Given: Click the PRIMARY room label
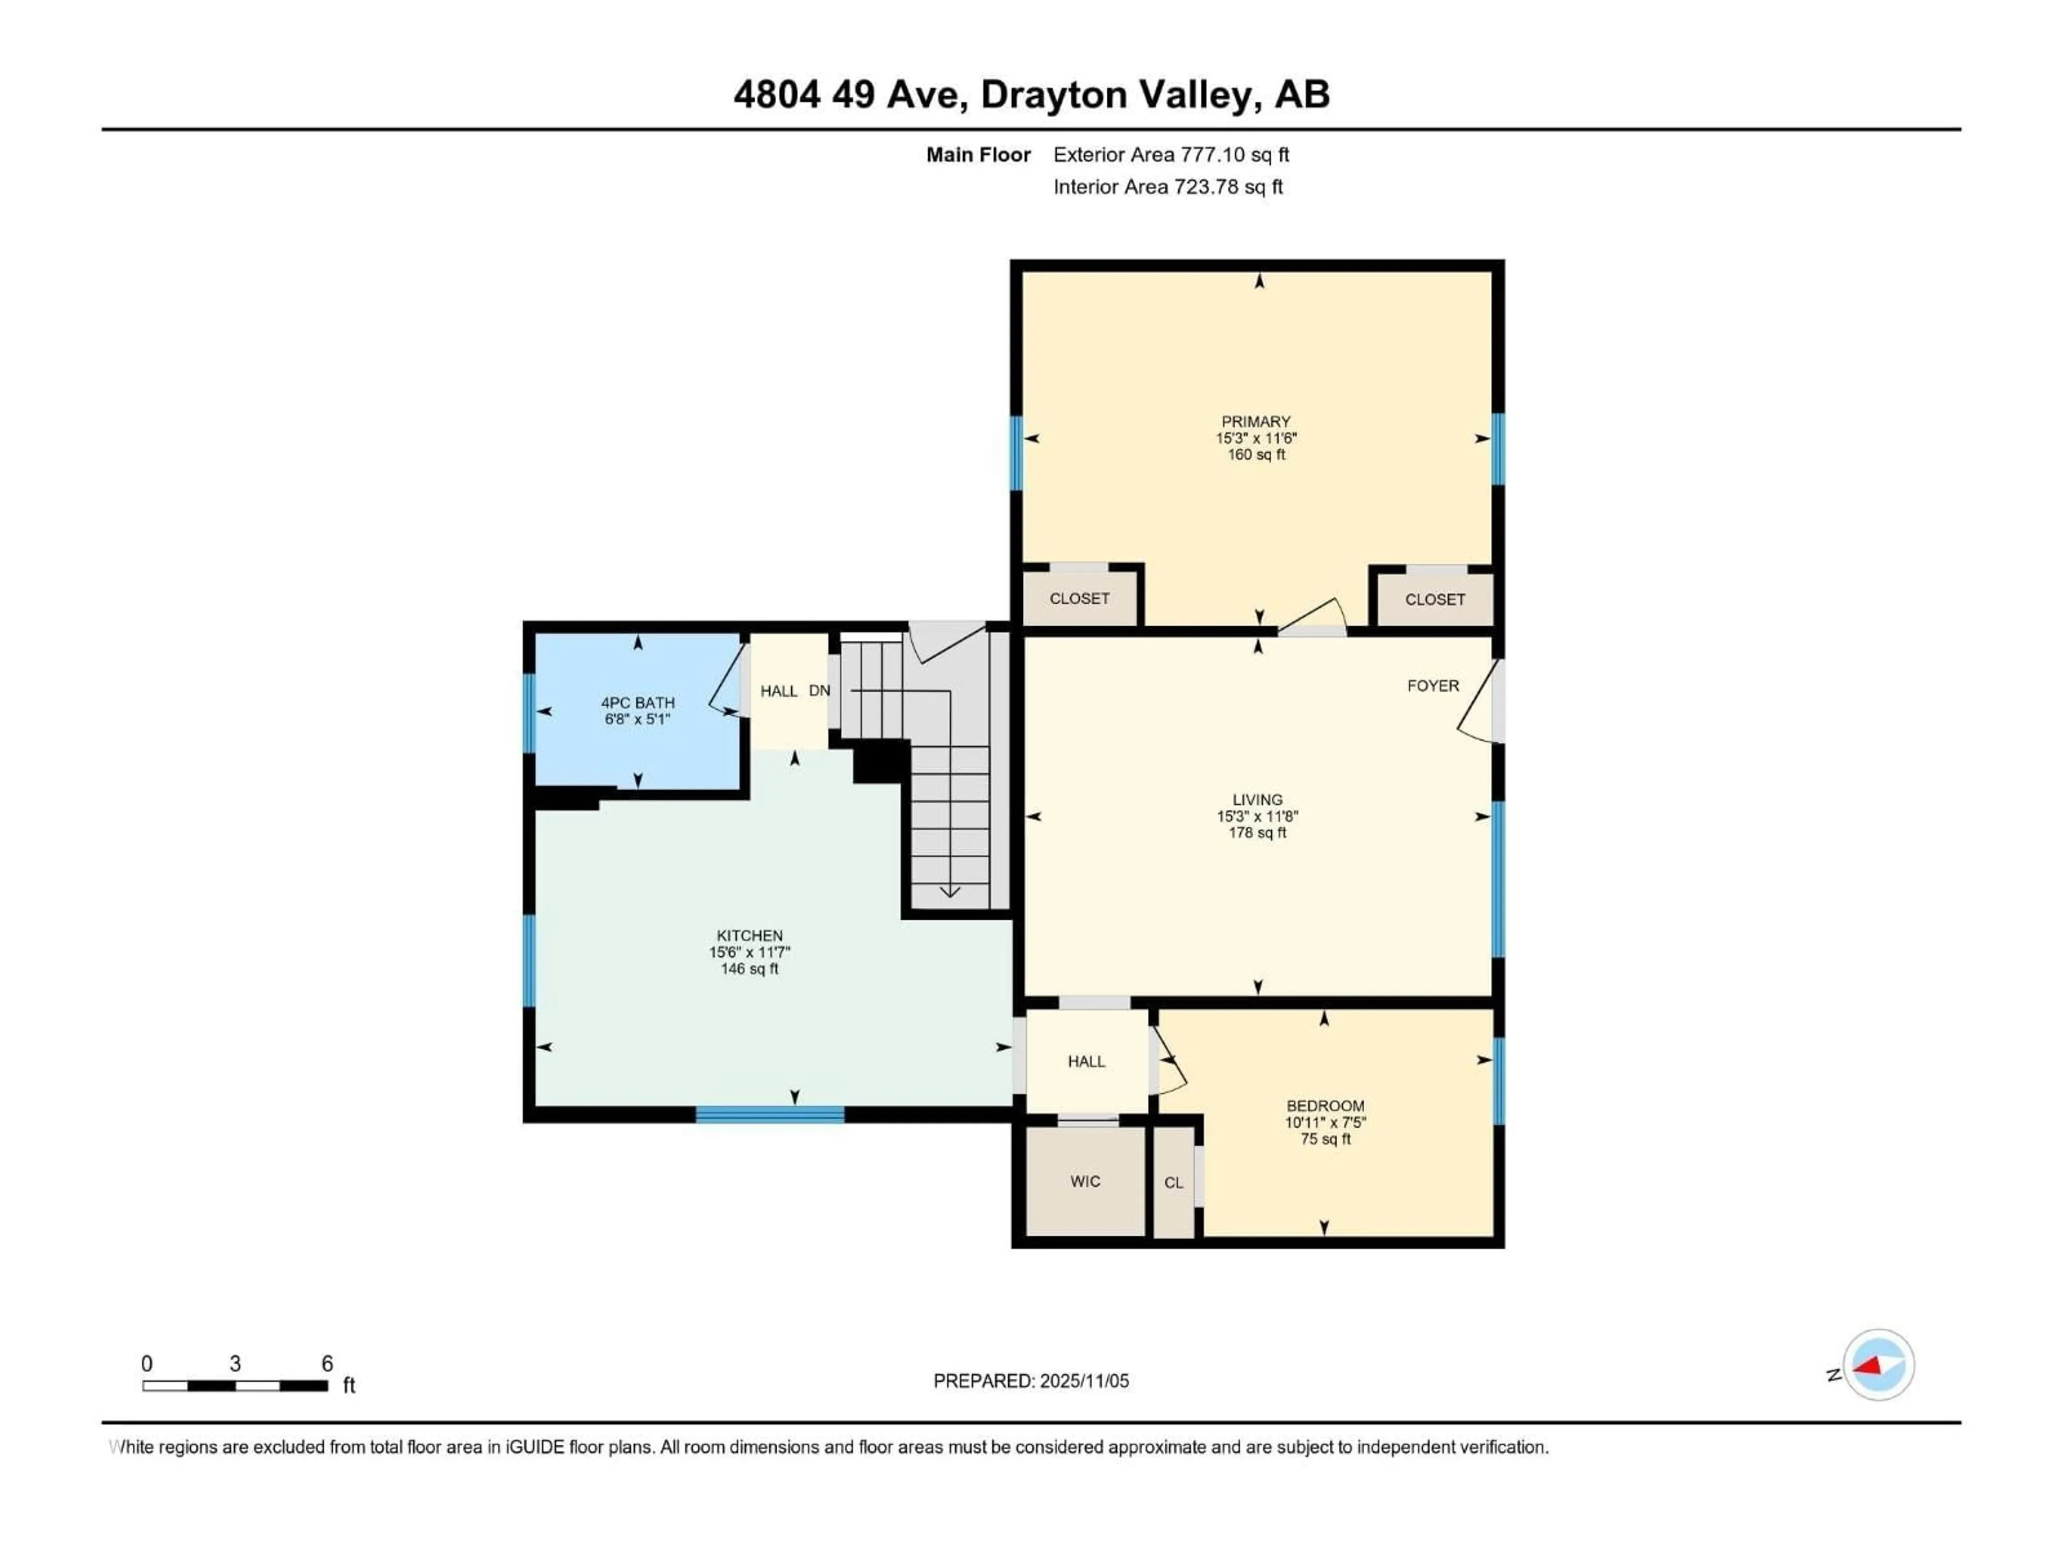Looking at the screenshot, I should click(x=1256, y=422).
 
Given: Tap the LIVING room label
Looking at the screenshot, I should click(x=1257, y=800).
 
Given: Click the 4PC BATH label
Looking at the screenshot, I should click(x=637, y=703).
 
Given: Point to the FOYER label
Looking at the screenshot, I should click(x=1432, y=686).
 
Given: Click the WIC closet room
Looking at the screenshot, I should click(x=1085, y=1182).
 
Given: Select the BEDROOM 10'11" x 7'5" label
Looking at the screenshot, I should click(x=1325, y=1122).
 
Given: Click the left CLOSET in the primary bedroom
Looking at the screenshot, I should click(x=1080, y=598).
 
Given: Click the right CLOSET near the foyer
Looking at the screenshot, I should click(x=1434, y=599).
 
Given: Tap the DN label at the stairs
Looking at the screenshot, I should click(x=819, y=691).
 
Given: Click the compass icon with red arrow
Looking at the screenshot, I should click(x=1879, y=1365).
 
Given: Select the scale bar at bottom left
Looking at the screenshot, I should click(x=234, y=1386).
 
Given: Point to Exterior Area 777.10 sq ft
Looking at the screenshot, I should click(x=1171, y=155).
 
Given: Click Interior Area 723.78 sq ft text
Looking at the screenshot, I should click(x=1167, y=187).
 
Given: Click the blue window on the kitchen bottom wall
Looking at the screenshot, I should click(x=770, y=1114).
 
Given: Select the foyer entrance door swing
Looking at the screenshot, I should click(x=1477, y=705).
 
